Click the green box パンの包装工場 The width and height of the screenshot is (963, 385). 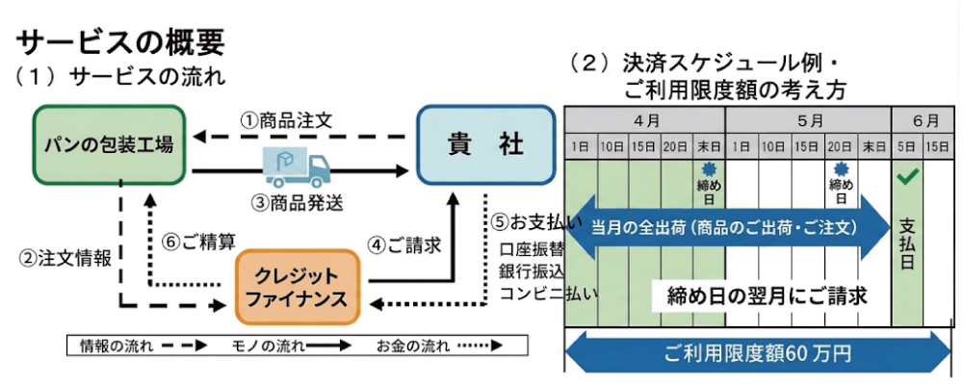[109, 144]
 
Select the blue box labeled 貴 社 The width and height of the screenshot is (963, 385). [485, 144]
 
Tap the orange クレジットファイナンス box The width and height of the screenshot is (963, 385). [298, 287]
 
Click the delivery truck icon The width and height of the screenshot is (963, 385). [298, 167]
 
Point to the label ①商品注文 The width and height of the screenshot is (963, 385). [286, 119]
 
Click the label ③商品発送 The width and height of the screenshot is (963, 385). [298, 203]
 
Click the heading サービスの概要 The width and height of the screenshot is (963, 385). [120, 43]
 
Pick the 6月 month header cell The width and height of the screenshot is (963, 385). [924, 120]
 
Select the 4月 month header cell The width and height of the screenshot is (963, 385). [645, 120]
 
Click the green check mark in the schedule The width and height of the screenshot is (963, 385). [906, 177]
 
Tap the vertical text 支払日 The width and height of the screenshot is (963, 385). [907, 244]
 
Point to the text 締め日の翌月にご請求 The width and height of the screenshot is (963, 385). [768, 296]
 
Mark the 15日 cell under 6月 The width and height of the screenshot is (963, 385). [940, 147]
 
